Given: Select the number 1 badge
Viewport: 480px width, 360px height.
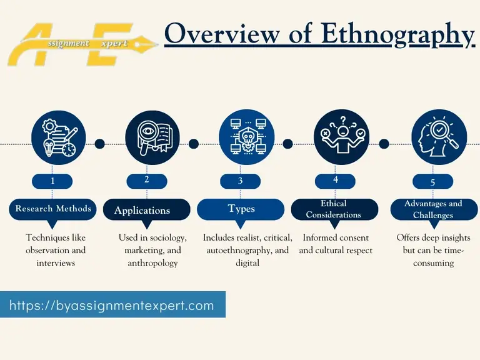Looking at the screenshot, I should tap(52, 181).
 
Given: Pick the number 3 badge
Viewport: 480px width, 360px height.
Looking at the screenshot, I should tap(241, 181).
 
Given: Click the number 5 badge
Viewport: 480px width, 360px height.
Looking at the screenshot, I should tap(432, 182).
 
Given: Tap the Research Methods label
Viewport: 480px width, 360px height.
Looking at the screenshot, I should tap(53, 209).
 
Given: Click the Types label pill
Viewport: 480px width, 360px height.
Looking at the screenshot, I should tap(241, 209).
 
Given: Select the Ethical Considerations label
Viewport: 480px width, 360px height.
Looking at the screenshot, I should tap(334, 209).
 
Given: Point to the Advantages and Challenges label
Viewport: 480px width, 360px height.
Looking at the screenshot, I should tap(432, 209).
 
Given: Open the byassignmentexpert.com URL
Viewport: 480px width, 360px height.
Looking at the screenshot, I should tap(112, 306).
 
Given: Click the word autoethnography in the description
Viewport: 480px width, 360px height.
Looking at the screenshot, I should tap(239, 251).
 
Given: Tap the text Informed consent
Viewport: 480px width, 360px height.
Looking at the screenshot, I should tap(336, 238).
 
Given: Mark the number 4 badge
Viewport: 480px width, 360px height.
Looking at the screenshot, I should tap(336, 181).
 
